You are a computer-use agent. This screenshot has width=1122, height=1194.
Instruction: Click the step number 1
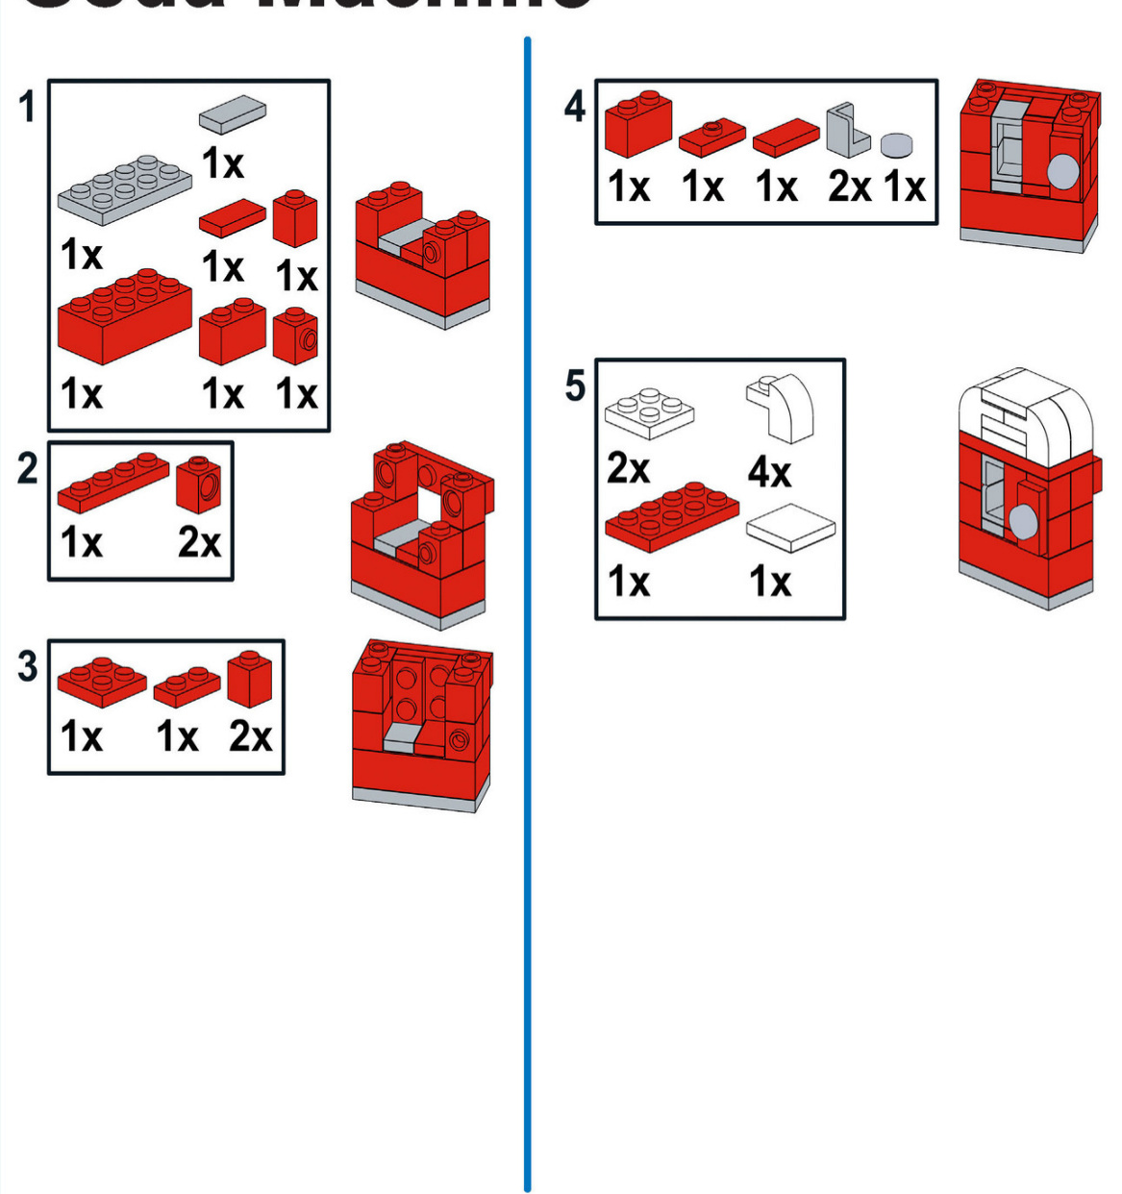tap(28, 106)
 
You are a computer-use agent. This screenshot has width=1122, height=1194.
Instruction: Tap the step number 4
tap(575, 106)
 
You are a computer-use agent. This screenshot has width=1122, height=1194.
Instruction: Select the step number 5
tap(575, 386)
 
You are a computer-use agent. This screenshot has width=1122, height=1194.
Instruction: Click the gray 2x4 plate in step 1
tap(125, 187)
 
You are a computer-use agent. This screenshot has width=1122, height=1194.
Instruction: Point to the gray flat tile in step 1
tap(233, 113)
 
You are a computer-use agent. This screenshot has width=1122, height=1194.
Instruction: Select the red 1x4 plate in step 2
tap(112, 482)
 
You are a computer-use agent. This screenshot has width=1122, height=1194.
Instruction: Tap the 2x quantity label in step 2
tap(199, 543)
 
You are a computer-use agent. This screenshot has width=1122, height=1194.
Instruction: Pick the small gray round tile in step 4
tap(896, 145)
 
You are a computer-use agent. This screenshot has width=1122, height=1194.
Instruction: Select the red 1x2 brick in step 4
tap(637, 124)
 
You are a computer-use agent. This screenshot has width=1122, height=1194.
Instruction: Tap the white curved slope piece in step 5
tap(783, 408)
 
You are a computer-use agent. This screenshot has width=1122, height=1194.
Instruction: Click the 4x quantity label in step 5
tap(769, 472)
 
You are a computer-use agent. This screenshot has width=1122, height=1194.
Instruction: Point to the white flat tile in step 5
tap(790, 528)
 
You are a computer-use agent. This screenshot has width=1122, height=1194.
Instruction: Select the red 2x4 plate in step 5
tap(672, 515)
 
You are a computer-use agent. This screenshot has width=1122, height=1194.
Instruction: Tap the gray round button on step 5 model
tap(1022, 522)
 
